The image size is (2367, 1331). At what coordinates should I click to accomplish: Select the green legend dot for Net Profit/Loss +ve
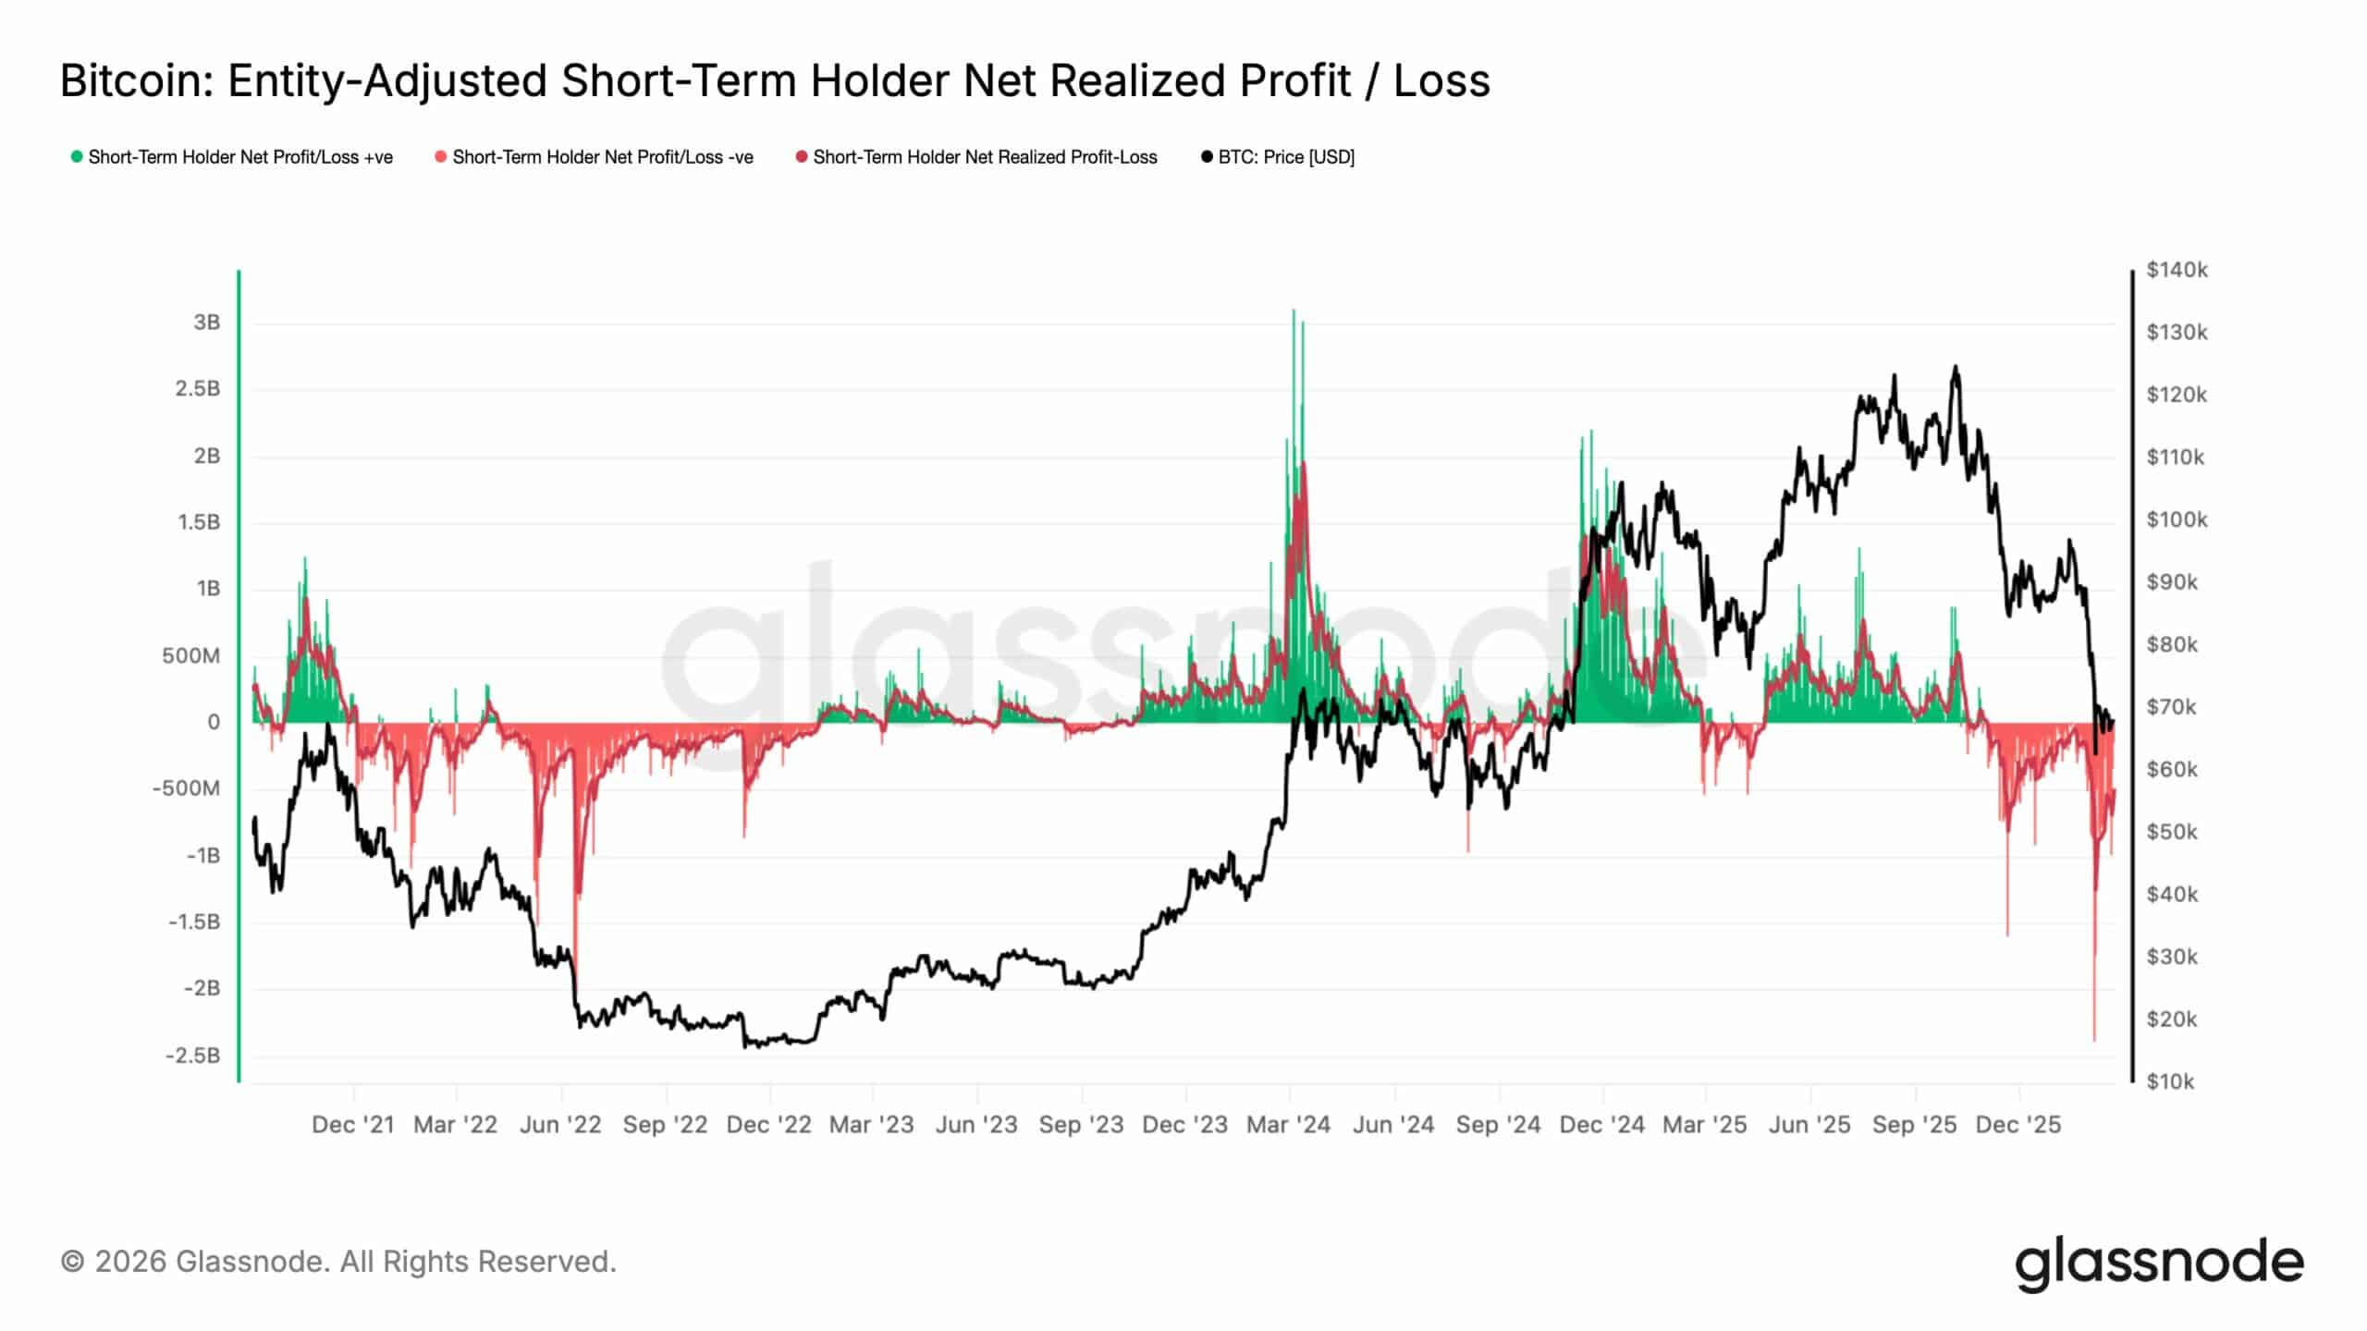pos(77,157)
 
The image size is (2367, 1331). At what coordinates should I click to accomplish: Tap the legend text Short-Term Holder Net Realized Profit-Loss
pos(985,157)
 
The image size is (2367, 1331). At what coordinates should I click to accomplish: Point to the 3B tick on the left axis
pos(207,323)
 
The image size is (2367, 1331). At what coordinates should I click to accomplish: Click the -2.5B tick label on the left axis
pos(193,1056)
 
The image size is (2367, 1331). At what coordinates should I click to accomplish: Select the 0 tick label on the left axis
pos(214,723)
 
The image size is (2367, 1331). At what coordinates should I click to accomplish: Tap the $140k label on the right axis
pos(2177,270)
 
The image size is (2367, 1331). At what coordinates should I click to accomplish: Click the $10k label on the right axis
pos(2169,1081)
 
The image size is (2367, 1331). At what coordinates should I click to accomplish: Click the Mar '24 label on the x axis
pos(1288,1125)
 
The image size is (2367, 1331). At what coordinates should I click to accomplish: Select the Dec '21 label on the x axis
pos(353,1125)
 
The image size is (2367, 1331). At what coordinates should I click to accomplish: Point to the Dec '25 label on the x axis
pos(2017,1125)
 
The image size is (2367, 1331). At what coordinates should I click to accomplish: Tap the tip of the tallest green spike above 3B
pos(1294,311)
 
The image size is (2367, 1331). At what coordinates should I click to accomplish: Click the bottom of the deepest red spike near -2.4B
pos(2094,1041)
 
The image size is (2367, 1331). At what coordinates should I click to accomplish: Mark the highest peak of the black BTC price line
pos(1955,366)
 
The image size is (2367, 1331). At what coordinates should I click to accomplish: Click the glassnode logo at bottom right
pos(2159,1263)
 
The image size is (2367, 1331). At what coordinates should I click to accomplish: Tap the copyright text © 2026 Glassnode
pos(337,1262)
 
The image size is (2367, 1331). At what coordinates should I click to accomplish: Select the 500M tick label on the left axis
pos(191,656)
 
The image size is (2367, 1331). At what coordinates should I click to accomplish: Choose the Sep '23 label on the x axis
pos(1081,1125)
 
